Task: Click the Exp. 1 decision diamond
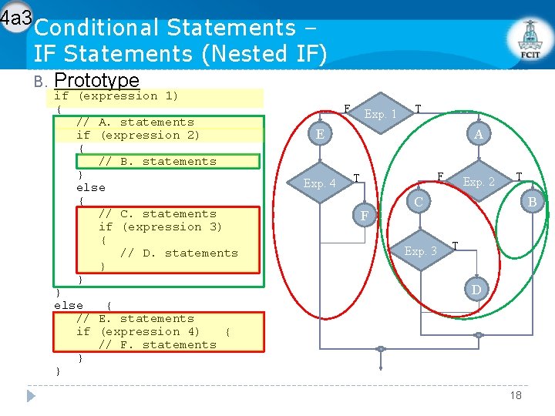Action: tap(380, 114)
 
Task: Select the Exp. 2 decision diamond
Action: tap(479, 183)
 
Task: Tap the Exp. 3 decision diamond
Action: tap(420, 251)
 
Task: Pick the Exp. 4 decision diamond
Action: tap(319, 183)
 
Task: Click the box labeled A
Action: tap(479, 135)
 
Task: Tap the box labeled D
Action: tap(476, 289)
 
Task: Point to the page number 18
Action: tap(516, 395)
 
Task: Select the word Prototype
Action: tap(97, 80)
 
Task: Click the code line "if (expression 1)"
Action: tap(116, 96)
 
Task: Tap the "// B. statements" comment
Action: tap(157, 162)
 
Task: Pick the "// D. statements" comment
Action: tap(179, 253)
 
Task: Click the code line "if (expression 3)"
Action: tap(160, 227)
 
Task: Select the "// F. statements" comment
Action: tap(157, 345)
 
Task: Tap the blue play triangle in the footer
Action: tap(32, 395)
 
